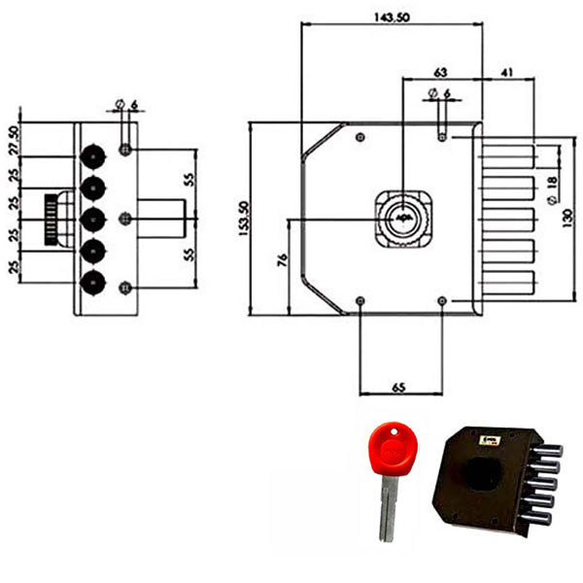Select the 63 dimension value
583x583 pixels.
(x=439, y=72)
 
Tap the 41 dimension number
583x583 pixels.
(x=507, y=72)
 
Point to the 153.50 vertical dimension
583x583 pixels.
(x=243, y=220)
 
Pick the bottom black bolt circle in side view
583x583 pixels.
(x=93, y=283)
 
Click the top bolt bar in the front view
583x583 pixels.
(x=505, y=154)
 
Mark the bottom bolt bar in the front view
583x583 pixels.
(x=505, y=283)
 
